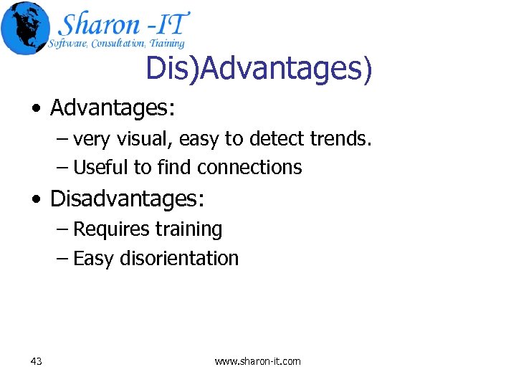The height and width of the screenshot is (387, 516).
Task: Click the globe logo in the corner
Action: [x=26, y=28]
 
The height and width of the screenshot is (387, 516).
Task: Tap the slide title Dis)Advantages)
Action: [x=259, y=69]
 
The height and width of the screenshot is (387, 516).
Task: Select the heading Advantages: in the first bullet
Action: [x=113, y=108]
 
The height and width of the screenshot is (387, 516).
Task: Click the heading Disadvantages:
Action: [x=127, y=199]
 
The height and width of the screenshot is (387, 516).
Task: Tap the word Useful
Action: [x=102, y=168]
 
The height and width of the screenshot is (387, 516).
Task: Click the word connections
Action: [x=249, y=168]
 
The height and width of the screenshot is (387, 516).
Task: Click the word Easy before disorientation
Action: [x=93, y=258]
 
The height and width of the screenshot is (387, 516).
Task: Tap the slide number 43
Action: [x=37, y=361]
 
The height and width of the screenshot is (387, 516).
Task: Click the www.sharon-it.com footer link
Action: [x=258, y=361]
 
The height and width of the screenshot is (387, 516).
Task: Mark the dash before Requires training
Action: [x=63, y=230]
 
